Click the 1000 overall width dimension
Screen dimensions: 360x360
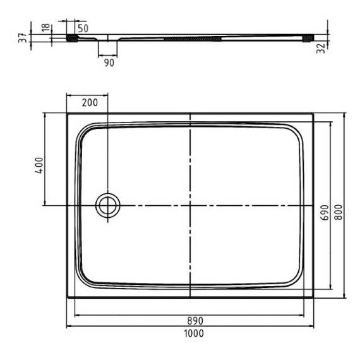tap(194, 333)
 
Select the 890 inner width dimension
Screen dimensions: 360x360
tap(195, 321)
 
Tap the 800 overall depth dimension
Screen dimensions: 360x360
tap(338, 212)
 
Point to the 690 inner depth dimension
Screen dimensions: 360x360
tap(325, 212)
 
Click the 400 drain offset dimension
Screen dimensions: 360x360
tap(39, 165)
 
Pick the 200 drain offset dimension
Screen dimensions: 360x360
tap(90, 102)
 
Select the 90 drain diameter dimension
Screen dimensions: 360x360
tap(109, 63)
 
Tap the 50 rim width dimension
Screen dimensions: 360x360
tap(83, 28)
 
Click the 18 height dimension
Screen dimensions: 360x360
tap(46, 27)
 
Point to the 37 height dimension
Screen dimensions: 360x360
tap(23, 38)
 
